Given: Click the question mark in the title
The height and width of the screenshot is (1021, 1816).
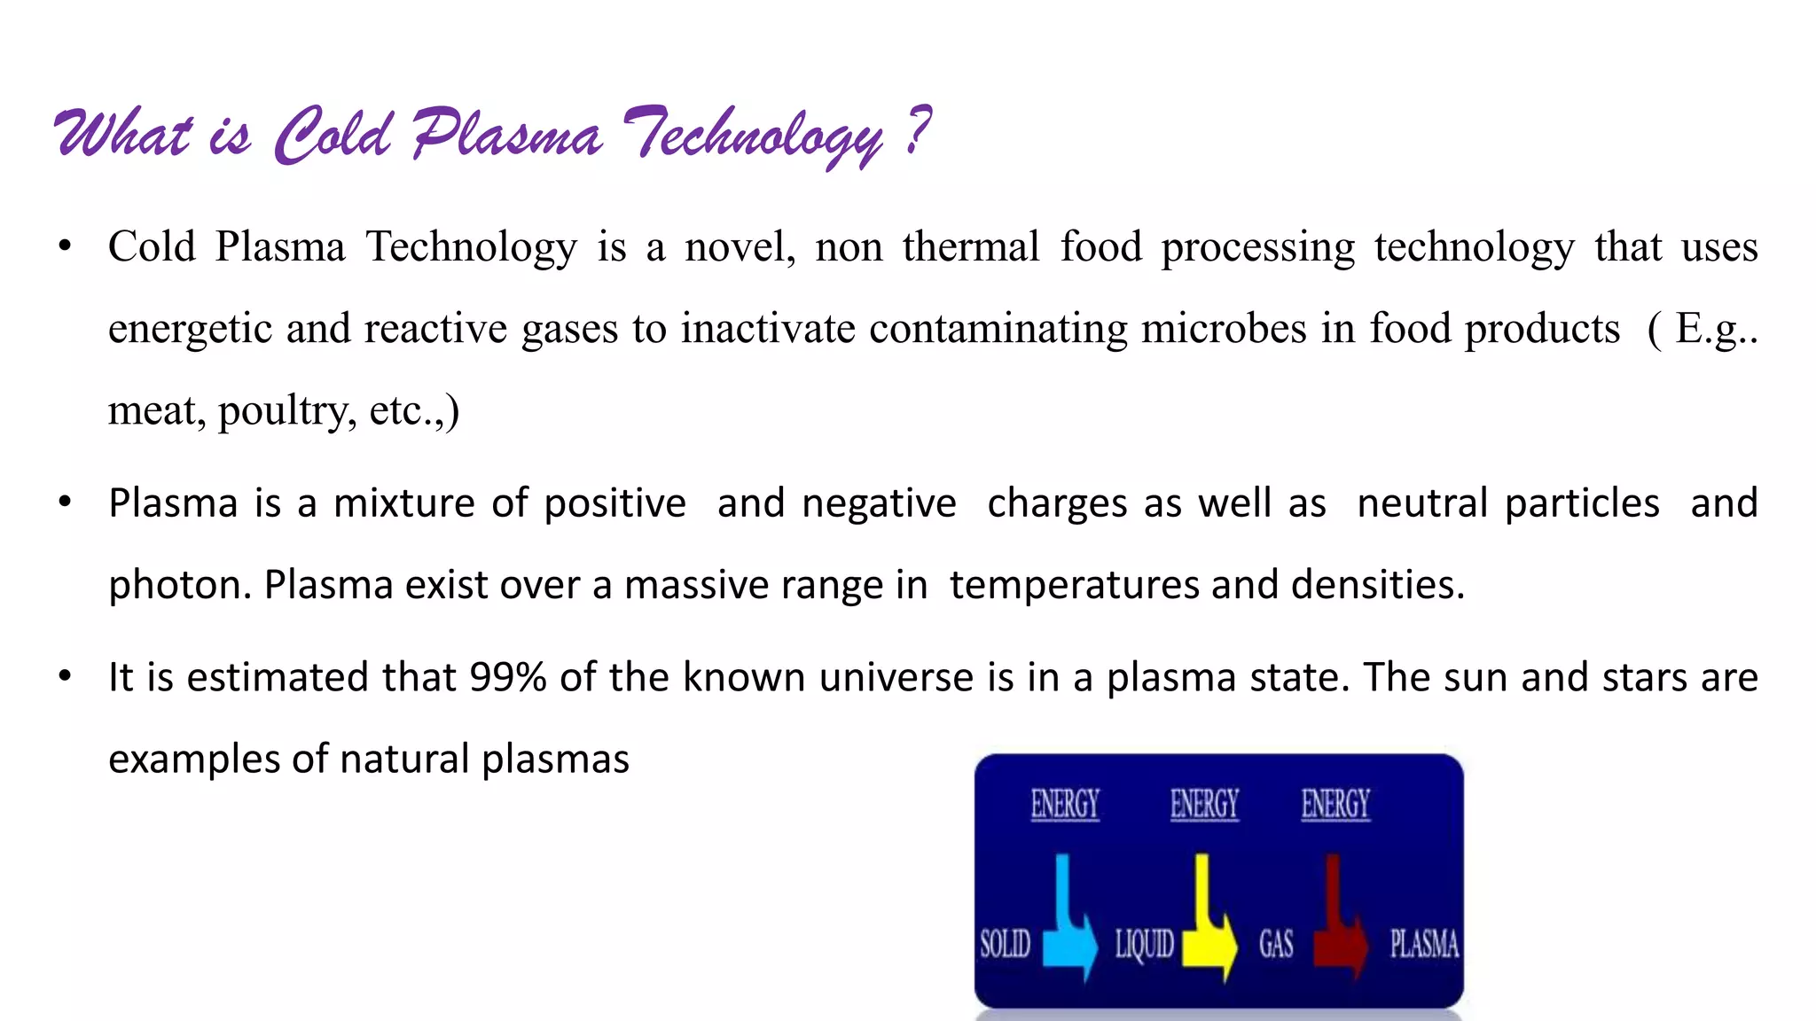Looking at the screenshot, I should click(x=920, y=130).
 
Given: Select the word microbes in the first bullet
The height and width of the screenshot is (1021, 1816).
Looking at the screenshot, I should click(x=1223, y=329).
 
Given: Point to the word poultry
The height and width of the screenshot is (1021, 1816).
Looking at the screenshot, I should click(x=287, y=411).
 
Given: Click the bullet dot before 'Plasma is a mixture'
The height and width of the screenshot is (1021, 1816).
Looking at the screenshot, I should click(x=65, y=503).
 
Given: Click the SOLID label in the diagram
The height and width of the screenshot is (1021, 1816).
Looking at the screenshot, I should click(x=1005, y=944).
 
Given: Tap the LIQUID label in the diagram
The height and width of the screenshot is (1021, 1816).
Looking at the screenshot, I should click(x=1144, y=945).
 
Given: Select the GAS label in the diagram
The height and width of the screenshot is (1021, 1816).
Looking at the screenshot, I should click(x=1276, y=945).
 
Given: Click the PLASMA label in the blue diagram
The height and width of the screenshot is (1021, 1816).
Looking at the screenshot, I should click(x=1423, y=944).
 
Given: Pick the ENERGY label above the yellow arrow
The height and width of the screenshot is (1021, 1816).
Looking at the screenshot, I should click(x=1203, y=805).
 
